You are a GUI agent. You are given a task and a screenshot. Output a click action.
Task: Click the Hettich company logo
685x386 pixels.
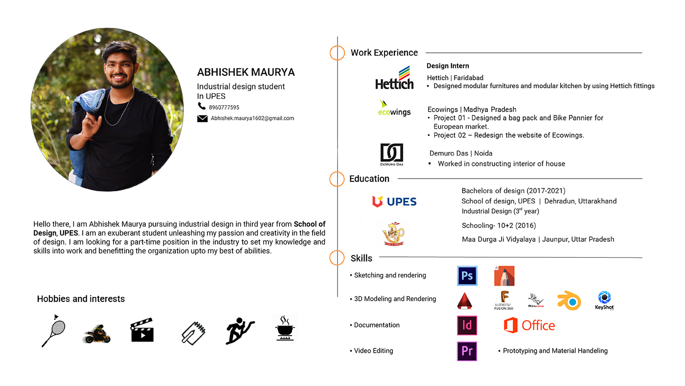click(x=394, y=78)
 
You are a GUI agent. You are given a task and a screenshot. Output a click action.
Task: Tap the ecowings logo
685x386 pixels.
click(x=394, y=109)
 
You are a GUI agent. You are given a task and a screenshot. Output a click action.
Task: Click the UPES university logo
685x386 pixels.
click(x=394, y=202)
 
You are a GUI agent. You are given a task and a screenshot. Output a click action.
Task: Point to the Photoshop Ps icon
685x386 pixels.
click(x=467, y=275)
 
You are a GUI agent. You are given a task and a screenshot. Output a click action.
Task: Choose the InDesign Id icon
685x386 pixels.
click(x=467, y=325)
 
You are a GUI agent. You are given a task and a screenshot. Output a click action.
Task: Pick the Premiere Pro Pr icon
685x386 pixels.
click(x=467, y=351)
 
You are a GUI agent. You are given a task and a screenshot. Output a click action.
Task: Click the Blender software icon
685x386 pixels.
click(x=569, y=300)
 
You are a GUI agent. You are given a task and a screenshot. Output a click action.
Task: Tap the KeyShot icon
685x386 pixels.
click(x=605, y=300)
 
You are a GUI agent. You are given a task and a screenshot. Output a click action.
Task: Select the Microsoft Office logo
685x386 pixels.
click(x=529, y=325)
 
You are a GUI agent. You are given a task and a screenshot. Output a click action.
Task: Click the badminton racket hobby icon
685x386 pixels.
click(x=53, y=331)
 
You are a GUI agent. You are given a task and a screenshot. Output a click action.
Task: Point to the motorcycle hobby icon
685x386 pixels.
click(x=97, y=334)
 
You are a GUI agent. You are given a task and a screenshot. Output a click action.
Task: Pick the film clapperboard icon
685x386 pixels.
click(x=142, y=330)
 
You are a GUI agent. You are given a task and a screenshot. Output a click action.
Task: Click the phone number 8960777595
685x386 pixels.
click(x=224, y=107)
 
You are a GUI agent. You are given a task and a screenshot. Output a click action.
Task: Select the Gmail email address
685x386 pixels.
click(x=252, y=118)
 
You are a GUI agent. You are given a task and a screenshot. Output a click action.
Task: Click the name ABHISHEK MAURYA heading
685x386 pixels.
click(x=246, y=72)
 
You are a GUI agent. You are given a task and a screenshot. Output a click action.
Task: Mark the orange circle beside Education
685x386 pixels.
click(x=337, y=179)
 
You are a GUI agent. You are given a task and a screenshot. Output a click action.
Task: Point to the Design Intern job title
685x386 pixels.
click(x=448, y=66)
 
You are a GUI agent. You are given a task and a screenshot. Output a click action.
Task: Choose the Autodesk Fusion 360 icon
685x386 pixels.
click(x=504, y=300)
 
